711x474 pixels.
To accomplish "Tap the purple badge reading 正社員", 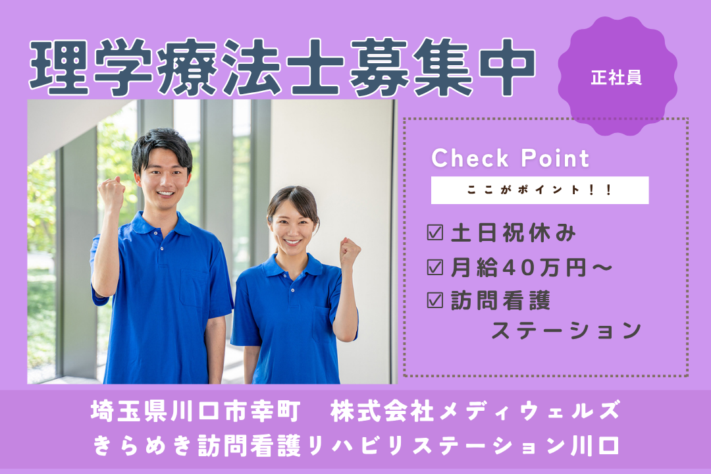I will (617, 77).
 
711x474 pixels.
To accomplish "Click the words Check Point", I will (510, 159).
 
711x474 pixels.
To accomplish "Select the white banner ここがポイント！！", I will (539, 190).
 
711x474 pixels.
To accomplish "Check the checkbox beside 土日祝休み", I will (434, 232).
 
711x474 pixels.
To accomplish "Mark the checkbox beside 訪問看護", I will (434, 301).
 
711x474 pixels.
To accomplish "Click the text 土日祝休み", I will (513, 232).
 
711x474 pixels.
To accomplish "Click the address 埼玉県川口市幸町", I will (196, 413).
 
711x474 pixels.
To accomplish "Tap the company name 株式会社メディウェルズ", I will (475, 413).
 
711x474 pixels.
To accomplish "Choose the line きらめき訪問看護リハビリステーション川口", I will (355, 446).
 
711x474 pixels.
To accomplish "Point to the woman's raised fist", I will (350, 251).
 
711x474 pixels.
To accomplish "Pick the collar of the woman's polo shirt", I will (293, 266).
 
